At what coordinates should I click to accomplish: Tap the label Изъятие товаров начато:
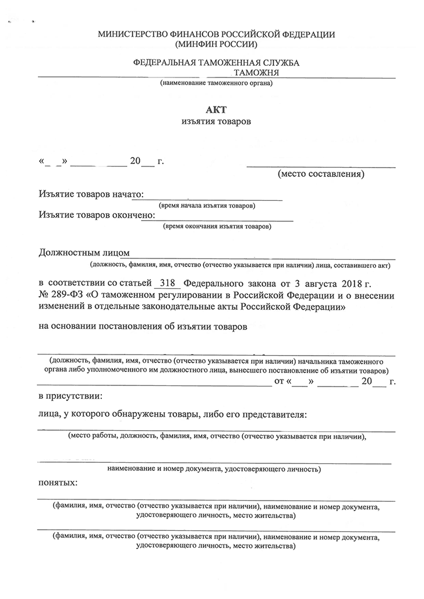91,194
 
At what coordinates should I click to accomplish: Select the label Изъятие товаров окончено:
97,215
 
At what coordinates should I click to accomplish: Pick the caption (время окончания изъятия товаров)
217,226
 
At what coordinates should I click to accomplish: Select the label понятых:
58,483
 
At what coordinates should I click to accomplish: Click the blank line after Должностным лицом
262,255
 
